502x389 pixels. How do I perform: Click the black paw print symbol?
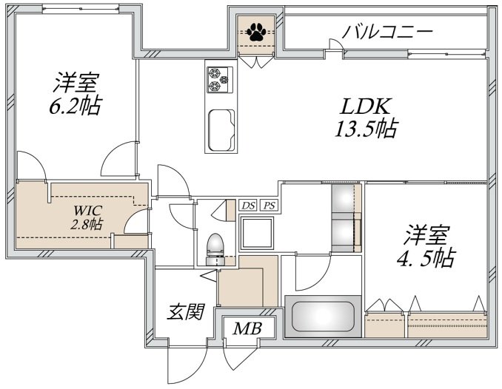(x=256, y=32)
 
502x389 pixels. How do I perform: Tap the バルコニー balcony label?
(x=388, y=32)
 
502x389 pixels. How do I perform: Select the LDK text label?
(x=366, y=106)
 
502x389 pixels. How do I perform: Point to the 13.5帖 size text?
(x=367, y=128)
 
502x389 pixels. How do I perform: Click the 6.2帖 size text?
(x=76, y=105)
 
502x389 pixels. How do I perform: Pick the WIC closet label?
(x=87, y=210)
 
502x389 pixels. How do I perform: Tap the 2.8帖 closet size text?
(x=87, y=224)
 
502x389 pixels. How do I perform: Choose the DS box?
(x=249, y=206)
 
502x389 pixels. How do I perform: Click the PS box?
(x=270, y=206)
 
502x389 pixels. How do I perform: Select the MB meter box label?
(x=247, y=328)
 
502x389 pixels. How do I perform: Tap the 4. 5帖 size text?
(x=426, y=258)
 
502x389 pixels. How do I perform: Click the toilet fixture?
(x=215, y=249)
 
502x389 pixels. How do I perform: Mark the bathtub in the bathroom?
(x=323, y=316)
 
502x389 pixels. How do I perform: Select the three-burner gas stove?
(x=219, y=80)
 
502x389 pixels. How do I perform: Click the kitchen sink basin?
(x=221, y=130)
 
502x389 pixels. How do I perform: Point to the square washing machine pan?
(x=257, y=233)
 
